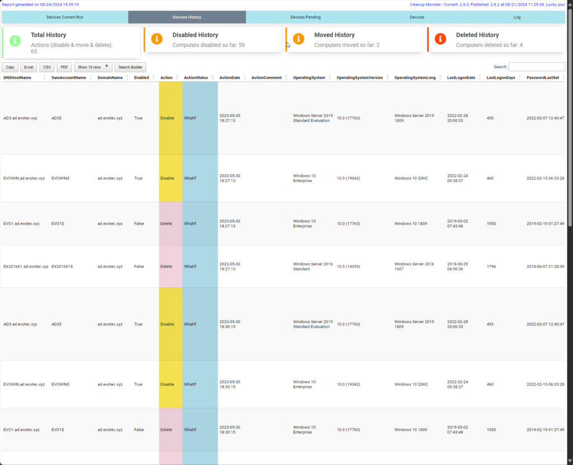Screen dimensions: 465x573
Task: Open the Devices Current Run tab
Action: (65, 17)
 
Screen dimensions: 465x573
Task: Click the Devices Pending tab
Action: (306, 17)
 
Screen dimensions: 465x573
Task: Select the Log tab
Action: (517, 17)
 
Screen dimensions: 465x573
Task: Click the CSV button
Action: (47, 67)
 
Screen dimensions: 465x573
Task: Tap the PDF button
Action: (64, 67)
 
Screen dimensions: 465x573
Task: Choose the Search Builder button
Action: (130, 67)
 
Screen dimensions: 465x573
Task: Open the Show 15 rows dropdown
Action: (93, 67)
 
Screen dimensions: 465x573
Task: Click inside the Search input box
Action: (536, 67)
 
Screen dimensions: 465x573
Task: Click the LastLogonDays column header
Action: (500, 78)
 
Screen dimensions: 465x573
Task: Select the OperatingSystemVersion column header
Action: (360, 78)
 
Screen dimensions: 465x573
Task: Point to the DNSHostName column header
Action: (17, 78)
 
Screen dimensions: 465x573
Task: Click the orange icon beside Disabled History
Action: (157, 39)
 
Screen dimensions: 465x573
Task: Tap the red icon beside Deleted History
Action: (441, 39)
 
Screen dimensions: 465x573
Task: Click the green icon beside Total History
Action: (16, 40)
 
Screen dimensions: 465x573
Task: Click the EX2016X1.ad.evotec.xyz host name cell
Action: (26, 267)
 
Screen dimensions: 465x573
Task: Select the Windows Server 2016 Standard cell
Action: (307, 266)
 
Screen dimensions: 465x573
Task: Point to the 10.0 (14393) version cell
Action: (348, 267)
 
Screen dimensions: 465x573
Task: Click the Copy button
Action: (10, 67)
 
